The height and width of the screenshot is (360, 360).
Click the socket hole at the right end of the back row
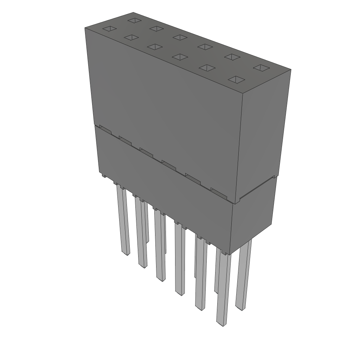click(x=261, y=67)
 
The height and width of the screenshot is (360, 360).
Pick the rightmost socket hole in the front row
click(x=236, y=79)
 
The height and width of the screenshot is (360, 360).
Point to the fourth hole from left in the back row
click(x=205, y=46)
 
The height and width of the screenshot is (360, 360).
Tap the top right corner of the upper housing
click(x=290, y=70)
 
